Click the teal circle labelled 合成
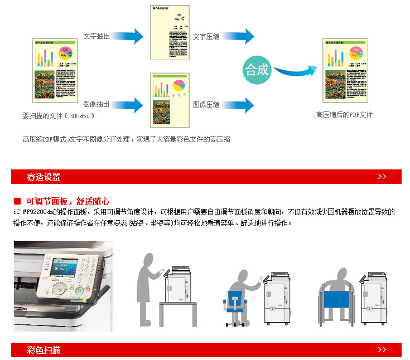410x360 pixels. [257, 70]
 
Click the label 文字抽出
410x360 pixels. [97, 36]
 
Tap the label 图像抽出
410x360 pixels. [97, 104]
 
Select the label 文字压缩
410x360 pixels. [206, 36]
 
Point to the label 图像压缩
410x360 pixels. [206, 104]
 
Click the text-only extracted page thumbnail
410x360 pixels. [170, 32]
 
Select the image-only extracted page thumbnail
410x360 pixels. [170, 99]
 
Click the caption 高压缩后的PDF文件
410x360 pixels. [344, 115]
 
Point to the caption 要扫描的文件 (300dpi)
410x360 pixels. [58, 116]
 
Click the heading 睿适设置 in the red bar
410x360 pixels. [44, 177]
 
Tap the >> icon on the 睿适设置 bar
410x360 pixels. [382, 177]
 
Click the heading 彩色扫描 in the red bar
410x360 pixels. [44, 350]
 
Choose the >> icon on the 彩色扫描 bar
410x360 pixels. [382, 350]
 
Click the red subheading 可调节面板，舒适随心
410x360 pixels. [67, 201]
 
